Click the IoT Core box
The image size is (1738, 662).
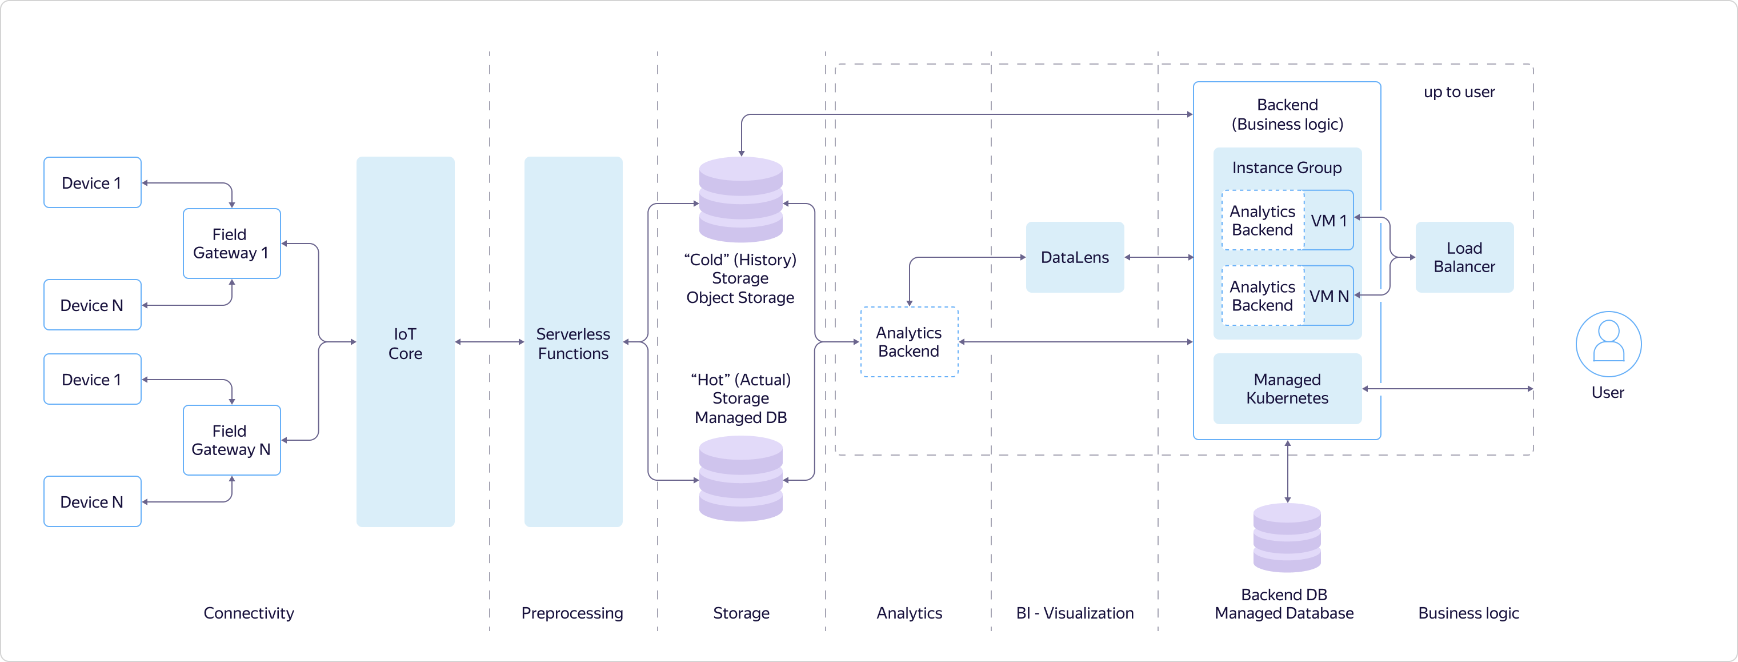click(405, 342)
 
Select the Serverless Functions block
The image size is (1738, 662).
click(573, 342)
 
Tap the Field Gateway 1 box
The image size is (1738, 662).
click(231, 244)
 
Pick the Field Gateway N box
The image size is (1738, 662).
click(231, 440)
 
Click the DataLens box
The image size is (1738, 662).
click(1075, 257)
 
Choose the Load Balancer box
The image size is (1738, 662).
click(1464, 257)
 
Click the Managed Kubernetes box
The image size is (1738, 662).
click(1287, 389)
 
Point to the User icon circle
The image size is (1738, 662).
click(1608, 344)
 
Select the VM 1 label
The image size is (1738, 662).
click(1328, 221)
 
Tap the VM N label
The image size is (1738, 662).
click(1328, 296)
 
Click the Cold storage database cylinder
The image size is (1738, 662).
click(741, 199)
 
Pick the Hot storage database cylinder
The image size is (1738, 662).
click(741, 478)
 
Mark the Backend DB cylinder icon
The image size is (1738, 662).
click(1287, 538)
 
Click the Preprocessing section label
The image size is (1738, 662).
click(572, 613)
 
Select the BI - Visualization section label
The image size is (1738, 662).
click(1075, 613)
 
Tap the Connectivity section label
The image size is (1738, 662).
click(249, 613)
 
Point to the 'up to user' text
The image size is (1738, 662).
click(1459, 92)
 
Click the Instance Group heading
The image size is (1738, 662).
click(1287, 168)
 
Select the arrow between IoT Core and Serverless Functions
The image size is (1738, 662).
click(489, 342)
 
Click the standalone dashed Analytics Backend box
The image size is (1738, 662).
click(909, 342)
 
